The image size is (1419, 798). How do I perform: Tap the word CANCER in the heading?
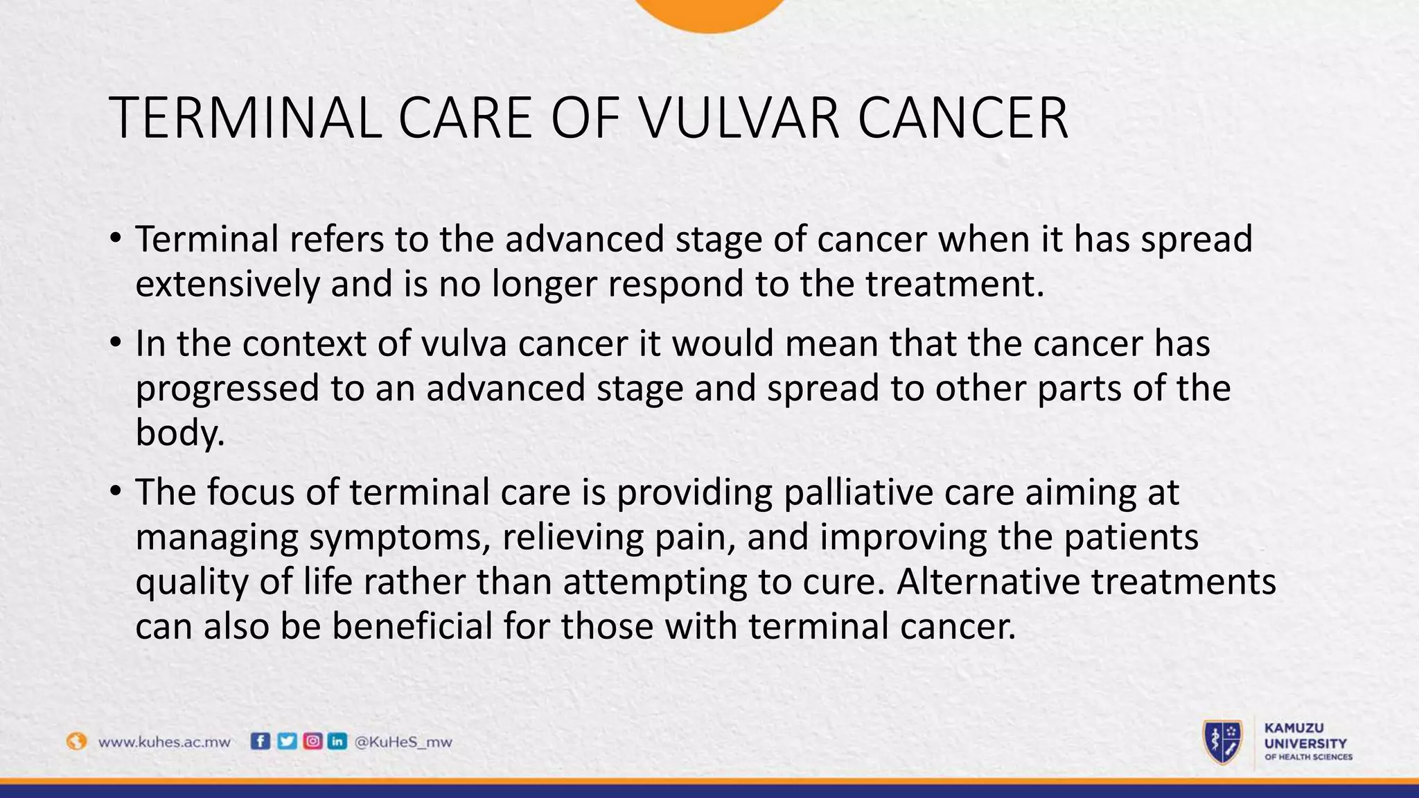(962, 118)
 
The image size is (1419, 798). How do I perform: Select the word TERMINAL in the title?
(245, 118)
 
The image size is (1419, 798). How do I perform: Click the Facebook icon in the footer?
(260, 741)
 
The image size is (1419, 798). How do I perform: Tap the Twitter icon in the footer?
(286, 741)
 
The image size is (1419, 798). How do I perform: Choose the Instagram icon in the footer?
(312, 741)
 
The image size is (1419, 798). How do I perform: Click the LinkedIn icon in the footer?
(337, 741)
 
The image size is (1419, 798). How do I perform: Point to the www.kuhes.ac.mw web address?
(164, 742)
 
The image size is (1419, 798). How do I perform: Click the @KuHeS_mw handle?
(403, 742)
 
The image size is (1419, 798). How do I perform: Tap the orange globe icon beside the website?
(76, 741)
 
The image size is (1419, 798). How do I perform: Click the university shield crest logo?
(1223, 742)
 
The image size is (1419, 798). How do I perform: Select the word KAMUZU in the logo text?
(1294, 728)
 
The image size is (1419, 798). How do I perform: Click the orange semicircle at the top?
(709, 12)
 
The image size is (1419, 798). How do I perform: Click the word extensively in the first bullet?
(227, 284)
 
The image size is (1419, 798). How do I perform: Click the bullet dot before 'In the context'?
(115, 343)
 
